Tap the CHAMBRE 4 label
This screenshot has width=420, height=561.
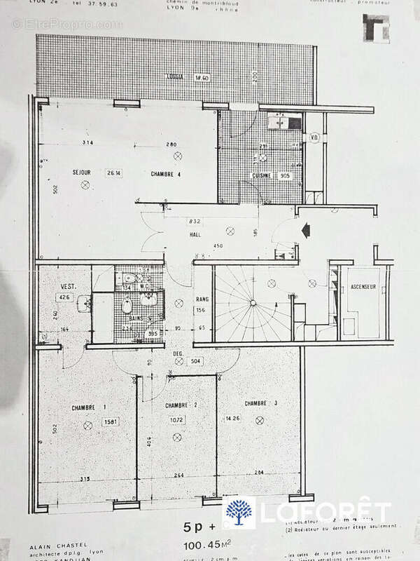click(x=166, y=173)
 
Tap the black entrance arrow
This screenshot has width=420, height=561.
click(x=304, y=229)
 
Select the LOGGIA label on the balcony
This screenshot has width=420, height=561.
click(x=175, y=76)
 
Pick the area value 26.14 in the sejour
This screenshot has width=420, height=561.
click(x=114, y=173)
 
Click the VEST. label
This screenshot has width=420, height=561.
click(x=68, y=287)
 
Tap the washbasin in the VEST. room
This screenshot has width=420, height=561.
click(x=84, y=303)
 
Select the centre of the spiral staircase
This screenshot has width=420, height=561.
click(x=248, y=304)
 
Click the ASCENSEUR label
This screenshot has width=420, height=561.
click(x=363, y=288)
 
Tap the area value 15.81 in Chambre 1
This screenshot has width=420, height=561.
click(x=109, y=421)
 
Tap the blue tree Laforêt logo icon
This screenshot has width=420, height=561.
click(x=239, y=511)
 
